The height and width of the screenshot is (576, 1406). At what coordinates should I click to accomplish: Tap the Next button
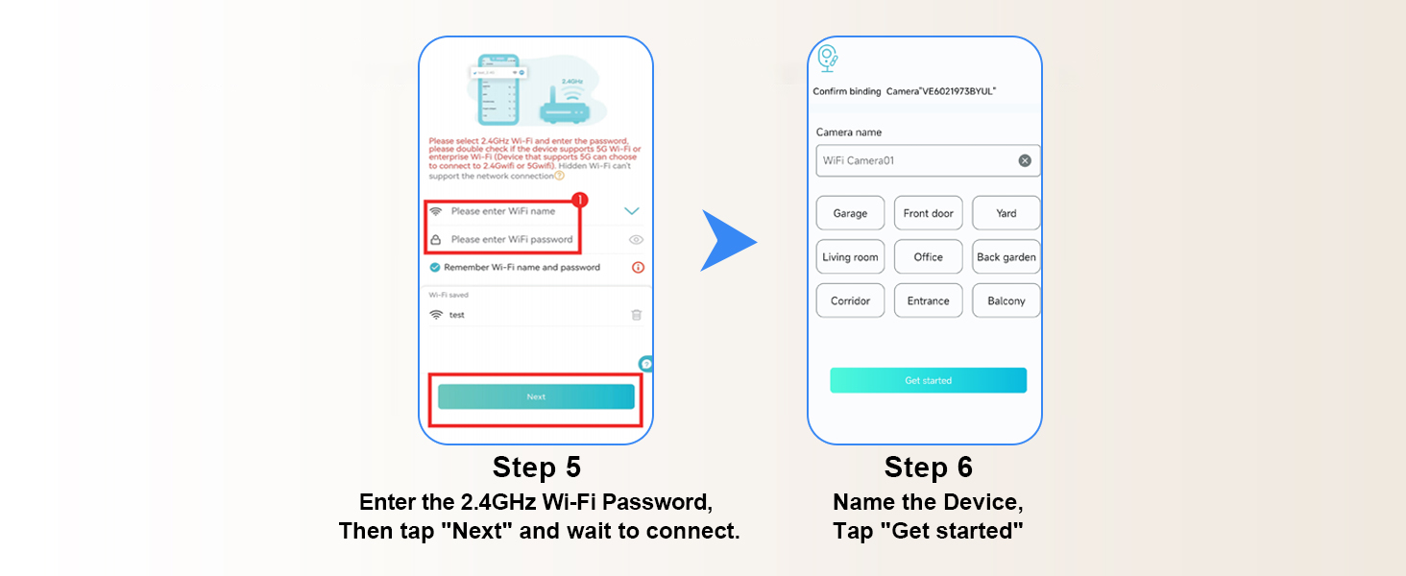click(536, 396)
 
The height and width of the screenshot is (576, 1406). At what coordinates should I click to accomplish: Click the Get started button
click(928, 380)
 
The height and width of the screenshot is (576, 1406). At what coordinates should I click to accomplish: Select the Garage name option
click(850, 213)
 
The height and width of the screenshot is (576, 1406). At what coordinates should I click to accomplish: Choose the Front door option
click(928, 213)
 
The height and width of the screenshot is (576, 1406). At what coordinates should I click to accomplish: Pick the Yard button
click(1006, 213)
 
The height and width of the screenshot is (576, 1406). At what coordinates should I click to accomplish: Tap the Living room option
click(850, 257)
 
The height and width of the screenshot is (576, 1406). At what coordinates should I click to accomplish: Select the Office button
click(928, 257)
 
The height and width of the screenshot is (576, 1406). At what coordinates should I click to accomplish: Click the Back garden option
click(1006, 257)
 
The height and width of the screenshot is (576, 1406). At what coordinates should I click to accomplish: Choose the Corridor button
click(850, 300)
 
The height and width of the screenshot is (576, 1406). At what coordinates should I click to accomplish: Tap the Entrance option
click(928, 300)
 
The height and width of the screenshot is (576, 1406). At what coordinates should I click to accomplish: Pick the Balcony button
click(1006, 300)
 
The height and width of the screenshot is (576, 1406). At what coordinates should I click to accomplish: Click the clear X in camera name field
click(1025, 160)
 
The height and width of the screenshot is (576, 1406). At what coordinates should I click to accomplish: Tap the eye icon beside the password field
click(636, 240)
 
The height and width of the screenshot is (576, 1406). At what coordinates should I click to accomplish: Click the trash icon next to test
click(636, 315)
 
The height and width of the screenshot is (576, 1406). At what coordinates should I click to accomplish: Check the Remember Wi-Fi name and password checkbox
click(435, 267)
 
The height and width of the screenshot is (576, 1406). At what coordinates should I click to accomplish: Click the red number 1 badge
click(579, 201)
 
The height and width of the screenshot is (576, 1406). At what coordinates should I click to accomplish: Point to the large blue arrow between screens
click(728, 240)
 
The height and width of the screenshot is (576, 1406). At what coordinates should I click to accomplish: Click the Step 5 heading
click(536, 468)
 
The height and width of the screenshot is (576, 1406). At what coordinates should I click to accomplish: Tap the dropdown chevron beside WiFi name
click(631, 211)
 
